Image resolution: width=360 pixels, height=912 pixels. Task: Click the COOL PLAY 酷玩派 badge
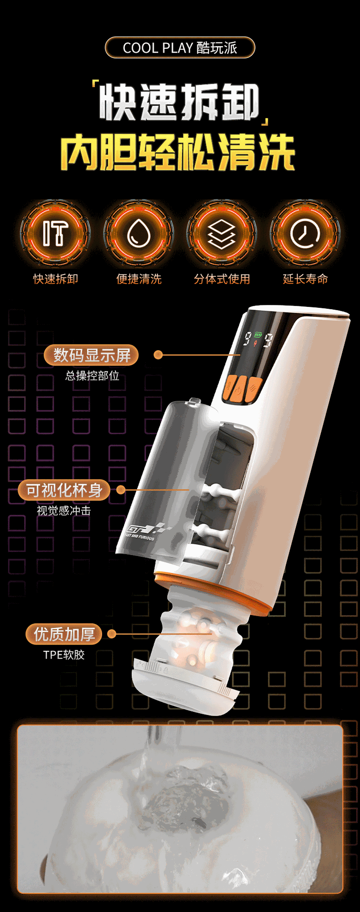(x=180, y=47)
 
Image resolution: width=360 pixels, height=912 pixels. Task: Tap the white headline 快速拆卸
(x=180, y=102)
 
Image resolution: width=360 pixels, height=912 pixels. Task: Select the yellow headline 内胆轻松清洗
(x=178, y=152)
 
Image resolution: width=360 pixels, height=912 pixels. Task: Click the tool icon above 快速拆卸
(x=55, y=233)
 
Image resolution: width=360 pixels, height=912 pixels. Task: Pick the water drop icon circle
(x=139, y=233)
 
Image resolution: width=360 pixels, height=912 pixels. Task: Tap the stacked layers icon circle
(x=222, y=233)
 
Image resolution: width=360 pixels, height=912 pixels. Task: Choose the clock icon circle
(x=305, y=233)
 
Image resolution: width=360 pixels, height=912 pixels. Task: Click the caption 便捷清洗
(x=139, y=279)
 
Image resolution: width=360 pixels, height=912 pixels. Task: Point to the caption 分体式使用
(x=222, y=279)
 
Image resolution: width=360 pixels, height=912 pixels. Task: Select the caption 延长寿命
(x=305, y=279)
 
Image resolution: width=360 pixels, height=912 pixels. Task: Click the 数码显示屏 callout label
(x=92, y=355)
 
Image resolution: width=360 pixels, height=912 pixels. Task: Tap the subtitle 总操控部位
(x=92, y=376)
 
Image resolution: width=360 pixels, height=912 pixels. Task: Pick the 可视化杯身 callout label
(x=64, y=490)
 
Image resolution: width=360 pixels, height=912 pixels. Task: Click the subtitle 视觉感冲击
(x=64, y=511)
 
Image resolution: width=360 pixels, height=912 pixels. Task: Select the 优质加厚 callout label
(x=64, y=634)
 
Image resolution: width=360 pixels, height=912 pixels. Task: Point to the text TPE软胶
(x=64, y=655)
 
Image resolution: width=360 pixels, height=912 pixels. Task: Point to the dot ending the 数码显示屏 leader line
(x=159, y=355)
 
